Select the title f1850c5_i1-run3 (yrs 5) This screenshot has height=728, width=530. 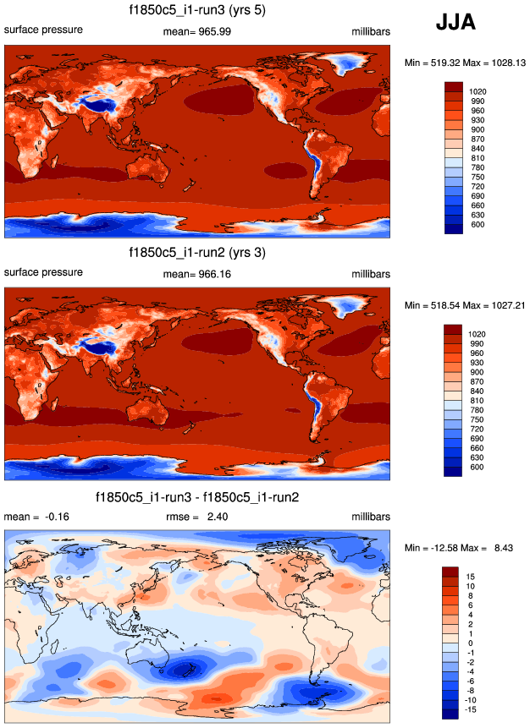click(197, 11)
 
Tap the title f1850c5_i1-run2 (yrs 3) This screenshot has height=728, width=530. click(197, 252)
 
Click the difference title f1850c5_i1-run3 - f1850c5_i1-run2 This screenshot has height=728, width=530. click(197, 495)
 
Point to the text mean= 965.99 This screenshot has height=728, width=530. click(197, 31)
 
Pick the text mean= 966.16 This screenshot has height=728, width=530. click(197, 273)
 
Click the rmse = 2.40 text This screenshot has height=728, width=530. click(197, 517)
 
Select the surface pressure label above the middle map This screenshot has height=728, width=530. click(44, 272)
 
